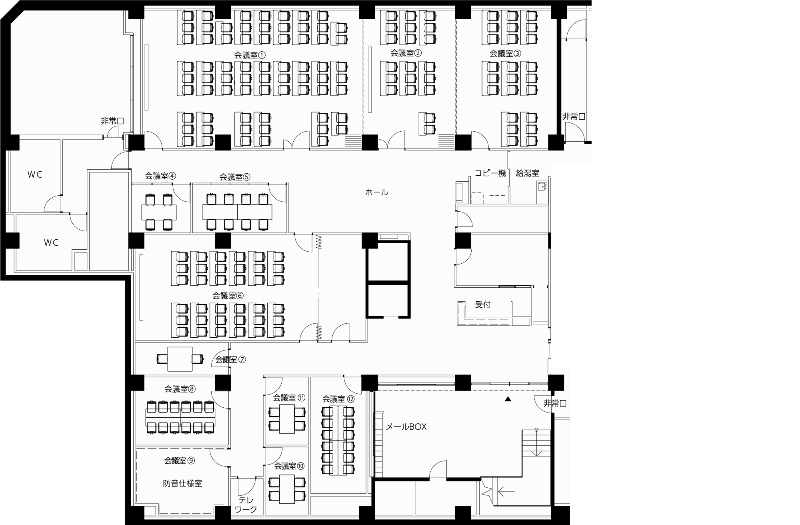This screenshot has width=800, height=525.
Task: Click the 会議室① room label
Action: (250, 55)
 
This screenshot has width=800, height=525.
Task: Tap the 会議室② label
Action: (406, 53)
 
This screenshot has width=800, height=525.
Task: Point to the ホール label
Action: (377, 192)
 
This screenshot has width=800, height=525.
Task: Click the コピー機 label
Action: (490, 173)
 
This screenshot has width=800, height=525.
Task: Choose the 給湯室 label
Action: (528, 173)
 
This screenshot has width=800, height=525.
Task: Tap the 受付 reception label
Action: (483, 305)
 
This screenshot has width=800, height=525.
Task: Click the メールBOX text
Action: (406, 427)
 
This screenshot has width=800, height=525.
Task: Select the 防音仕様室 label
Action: (182, 483)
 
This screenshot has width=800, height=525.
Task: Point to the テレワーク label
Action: (246, 505)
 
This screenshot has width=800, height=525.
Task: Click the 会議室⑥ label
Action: (228, 296)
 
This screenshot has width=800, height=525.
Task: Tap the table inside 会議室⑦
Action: (180, 359)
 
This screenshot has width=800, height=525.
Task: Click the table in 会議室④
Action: (159, 212)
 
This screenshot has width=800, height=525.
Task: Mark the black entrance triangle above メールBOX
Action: (508, 399)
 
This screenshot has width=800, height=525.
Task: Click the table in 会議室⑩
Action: (287, 489)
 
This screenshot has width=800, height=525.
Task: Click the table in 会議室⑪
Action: (287, 419)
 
